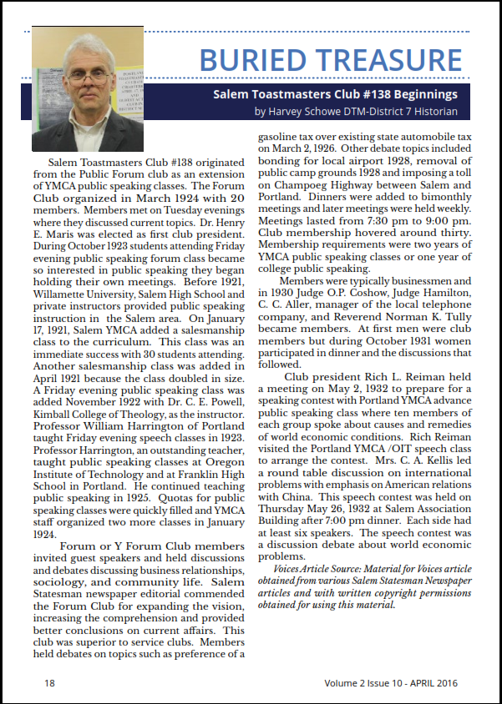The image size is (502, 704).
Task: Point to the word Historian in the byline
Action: click(432, 111)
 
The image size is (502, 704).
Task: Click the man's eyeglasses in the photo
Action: click(89, 78)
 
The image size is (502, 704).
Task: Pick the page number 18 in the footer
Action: click(49, 682)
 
